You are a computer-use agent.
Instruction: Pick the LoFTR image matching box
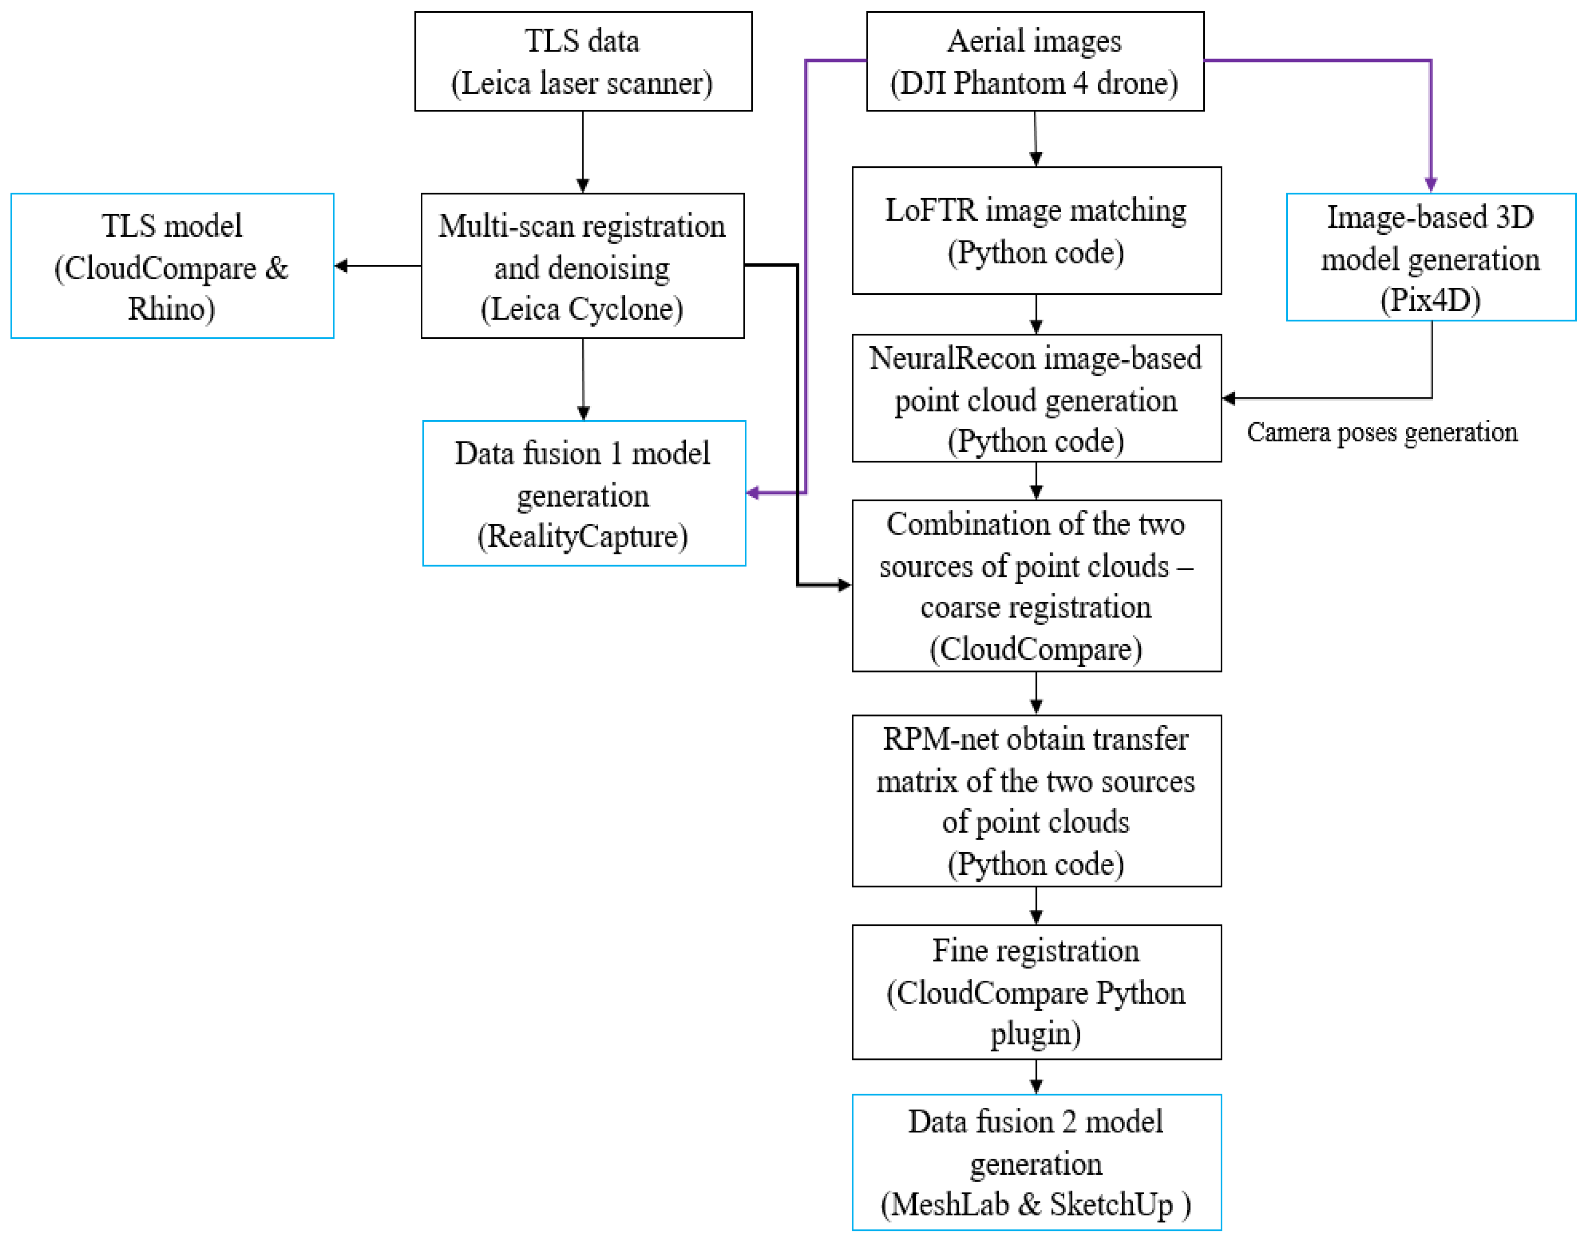click(1036, 231)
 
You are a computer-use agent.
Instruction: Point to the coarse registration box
click(1036, 586)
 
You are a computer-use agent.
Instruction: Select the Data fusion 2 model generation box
click(1036, 1162)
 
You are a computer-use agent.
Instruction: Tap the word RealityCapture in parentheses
click(583, 537)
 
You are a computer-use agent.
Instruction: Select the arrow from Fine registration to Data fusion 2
click(1036, 1077)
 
